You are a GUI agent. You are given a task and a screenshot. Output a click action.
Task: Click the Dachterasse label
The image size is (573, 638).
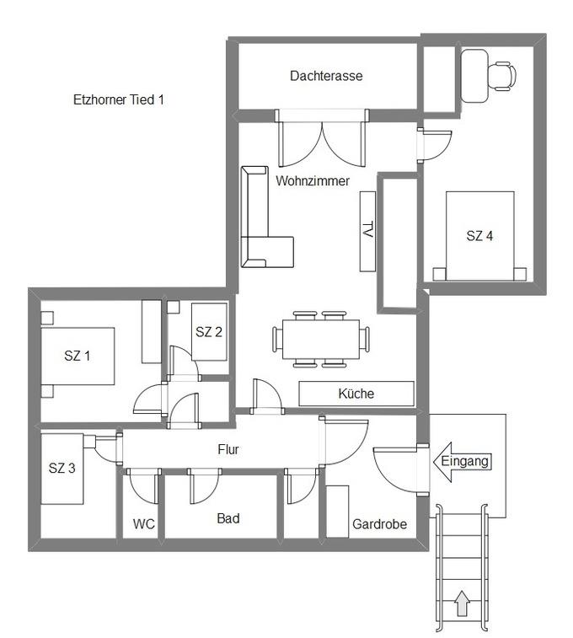[326, 76]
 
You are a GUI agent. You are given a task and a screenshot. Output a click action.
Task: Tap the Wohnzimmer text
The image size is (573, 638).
[313, 180]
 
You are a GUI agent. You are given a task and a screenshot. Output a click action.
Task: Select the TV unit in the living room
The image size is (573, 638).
[367, 231]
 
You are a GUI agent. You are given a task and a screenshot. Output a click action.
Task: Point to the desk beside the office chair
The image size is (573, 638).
[474, 76]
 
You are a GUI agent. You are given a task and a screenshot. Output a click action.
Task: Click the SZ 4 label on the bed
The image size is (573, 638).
[479, 236]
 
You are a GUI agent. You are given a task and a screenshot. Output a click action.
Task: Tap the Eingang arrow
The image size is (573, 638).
[462, 462]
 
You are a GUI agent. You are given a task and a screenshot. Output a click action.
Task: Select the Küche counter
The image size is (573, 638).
[356, 394]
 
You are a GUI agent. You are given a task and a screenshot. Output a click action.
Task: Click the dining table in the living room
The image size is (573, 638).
[321, 340]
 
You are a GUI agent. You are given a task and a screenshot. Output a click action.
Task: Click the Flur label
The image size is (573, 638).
[228, 449]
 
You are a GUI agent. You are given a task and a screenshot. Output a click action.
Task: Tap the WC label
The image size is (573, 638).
[143, 523]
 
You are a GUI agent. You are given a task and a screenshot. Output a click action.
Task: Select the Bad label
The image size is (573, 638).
[228, 518]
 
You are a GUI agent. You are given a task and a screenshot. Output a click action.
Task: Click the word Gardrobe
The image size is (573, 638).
[379, 524]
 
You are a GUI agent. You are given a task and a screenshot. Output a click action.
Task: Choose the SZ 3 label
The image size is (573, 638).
[62, 468]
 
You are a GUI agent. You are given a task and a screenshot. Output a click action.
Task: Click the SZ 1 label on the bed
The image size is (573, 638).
[77, 356]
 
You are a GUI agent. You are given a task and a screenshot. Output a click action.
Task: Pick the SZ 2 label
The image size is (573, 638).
[209, 332]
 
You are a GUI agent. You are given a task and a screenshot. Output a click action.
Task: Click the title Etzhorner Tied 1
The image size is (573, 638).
[118, 99]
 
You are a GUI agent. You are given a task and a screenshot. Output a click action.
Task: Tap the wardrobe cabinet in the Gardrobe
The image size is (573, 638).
[338, 512]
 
